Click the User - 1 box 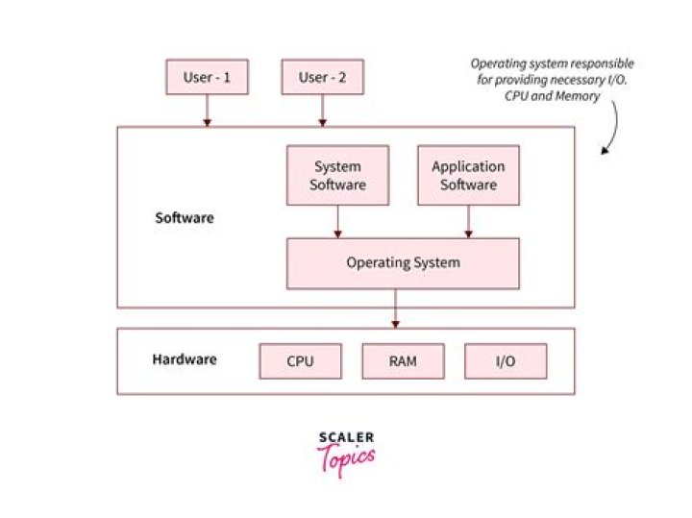[x=207, y=77]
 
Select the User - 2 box [x=322, y=77]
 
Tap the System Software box [x=337, y=175]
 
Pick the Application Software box [x=468, y=175]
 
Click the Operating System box [x=403, y=263]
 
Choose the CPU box [x=301, y=361]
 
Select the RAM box [x=403, y=361]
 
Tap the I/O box [x=506, y=361]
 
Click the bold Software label [x=185, y=218]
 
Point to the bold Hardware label [x=185, y=360]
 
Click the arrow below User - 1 [x=207, y=111]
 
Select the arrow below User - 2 [x=322, y=111]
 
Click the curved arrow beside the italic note [x=611, y=130]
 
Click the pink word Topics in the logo [x=346, y=459]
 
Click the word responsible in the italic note [x=601, y=63]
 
